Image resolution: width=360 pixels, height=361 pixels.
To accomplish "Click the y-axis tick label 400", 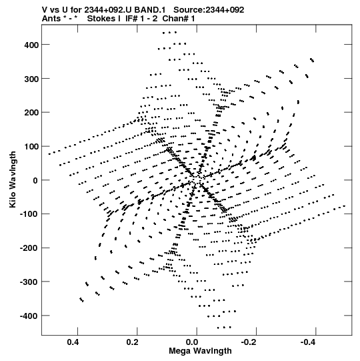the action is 31,45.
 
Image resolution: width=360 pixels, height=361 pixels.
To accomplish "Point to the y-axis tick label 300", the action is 31,79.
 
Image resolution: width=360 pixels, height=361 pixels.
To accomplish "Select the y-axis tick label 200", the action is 31,113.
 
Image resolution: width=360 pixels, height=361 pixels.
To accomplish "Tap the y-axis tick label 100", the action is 31,147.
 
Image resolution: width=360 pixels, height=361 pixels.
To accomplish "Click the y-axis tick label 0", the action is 35,180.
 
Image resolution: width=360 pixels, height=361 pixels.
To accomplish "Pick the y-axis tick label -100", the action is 29,214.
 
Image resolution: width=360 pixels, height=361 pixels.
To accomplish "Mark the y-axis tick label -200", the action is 29,248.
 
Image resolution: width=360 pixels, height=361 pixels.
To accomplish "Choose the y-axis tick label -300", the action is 29,282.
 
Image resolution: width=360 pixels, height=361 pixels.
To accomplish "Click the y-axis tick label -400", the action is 29,316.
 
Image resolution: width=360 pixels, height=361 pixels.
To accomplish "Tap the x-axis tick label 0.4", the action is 73,342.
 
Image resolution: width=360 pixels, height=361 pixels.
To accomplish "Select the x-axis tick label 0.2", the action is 133,342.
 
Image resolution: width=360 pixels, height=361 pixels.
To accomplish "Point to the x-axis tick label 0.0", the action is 192,342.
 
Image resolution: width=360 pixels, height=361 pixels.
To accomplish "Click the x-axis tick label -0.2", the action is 249,342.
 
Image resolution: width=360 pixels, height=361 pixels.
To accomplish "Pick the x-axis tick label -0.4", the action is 308,342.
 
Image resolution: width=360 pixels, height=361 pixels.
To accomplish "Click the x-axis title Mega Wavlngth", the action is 200,351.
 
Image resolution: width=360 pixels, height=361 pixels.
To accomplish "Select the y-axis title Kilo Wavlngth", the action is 13,179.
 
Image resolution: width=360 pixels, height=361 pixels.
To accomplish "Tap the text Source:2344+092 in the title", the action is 209,10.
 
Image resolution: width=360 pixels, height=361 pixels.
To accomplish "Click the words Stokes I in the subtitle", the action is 104,19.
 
